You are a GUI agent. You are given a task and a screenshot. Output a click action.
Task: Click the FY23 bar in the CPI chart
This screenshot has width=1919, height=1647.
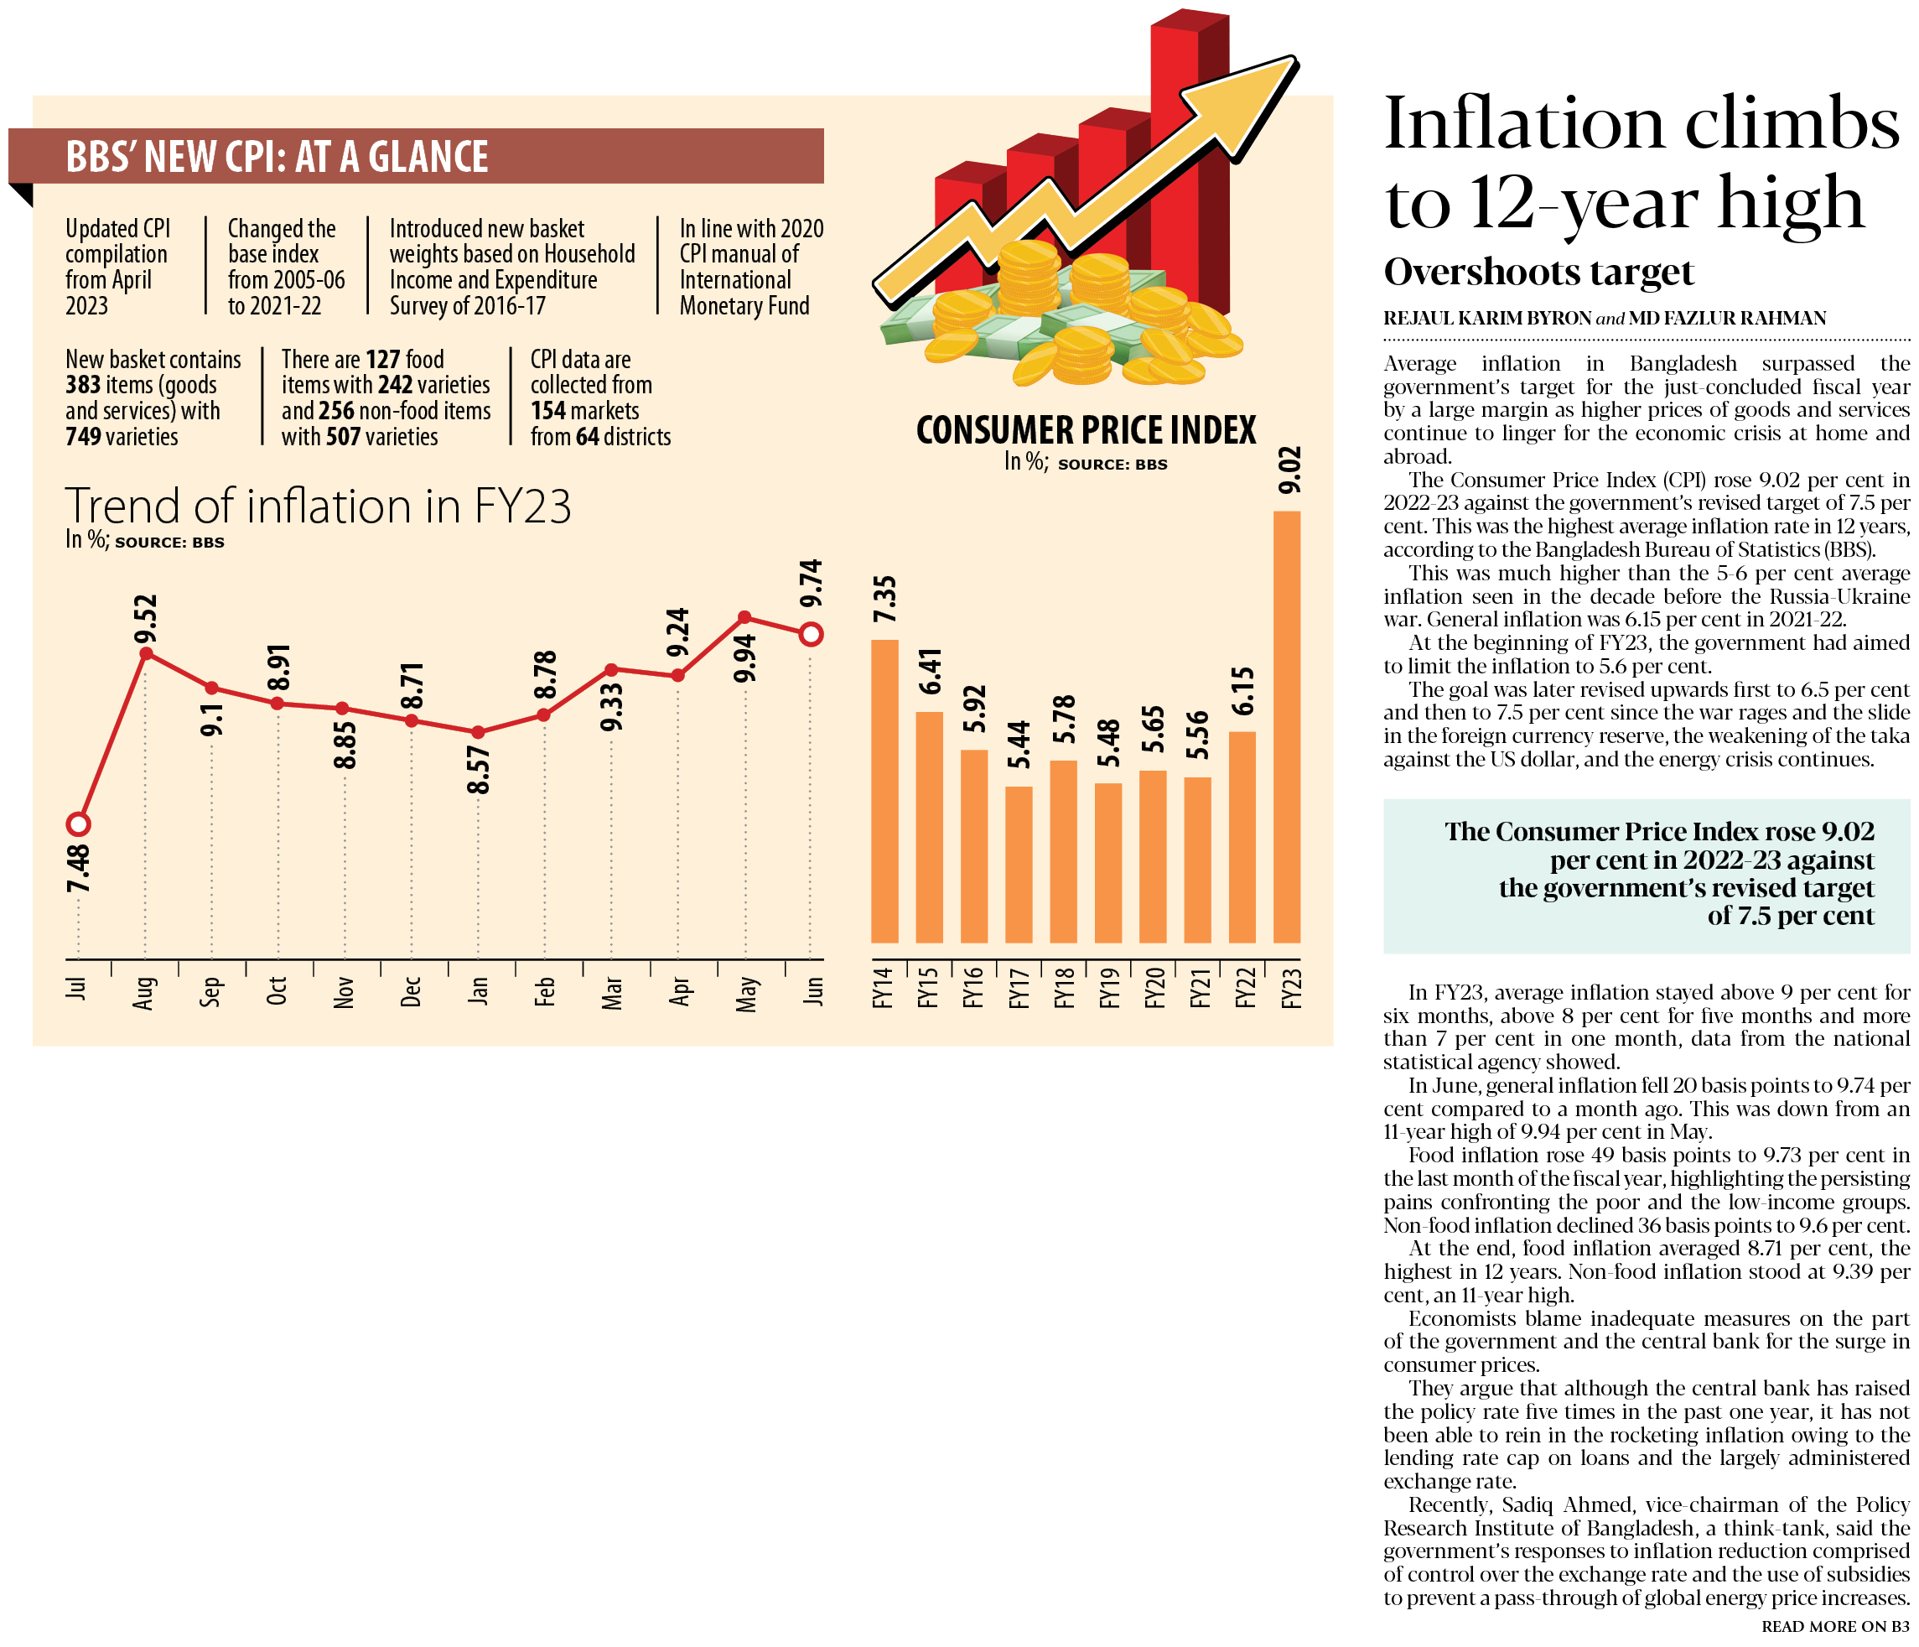point(1286,727)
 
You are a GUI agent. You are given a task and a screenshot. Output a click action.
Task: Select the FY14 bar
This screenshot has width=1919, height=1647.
point(884,791)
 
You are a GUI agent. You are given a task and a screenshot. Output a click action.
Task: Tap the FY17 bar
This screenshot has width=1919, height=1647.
point(1019,865)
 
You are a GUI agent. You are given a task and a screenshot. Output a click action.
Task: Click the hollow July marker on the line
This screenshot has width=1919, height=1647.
point(79,824)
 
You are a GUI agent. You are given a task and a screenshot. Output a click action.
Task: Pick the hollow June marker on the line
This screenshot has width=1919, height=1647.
point(812,635)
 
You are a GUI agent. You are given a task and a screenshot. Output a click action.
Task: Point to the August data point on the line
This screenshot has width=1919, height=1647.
point(145,654)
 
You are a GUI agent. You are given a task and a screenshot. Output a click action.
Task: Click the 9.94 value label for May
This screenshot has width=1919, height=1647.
point(744,658)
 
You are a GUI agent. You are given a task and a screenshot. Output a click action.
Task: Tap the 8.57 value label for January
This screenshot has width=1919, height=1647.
point(478,771)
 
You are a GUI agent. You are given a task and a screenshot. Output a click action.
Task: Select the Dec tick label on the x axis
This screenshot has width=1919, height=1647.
point(411,991)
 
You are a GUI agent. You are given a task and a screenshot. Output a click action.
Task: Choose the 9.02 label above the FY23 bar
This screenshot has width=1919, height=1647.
point(1289,470)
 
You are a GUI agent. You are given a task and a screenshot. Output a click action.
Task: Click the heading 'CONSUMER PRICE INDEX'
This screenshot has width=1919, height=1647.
point(1086,431)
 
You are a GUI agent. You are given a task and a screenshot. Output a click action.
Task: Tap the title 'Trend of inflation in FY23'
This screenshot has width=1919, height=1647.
point(318,507)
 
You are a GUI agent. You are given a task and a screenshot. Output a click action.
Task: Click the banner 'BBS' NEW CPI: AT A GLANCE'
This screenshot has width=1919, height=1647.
point(277,157)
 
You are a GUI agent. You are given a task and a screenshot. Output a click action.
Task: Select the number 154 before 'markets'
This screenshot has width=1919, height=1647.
point(548,411)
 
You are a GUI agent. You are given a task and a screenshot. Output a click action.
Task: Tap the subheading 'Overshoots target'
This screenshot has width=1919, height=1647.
point(1538,273)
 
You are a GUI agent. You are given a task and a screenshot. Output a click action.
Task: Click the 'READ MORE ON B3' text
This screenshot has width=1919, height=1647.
point(1834,1627)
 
